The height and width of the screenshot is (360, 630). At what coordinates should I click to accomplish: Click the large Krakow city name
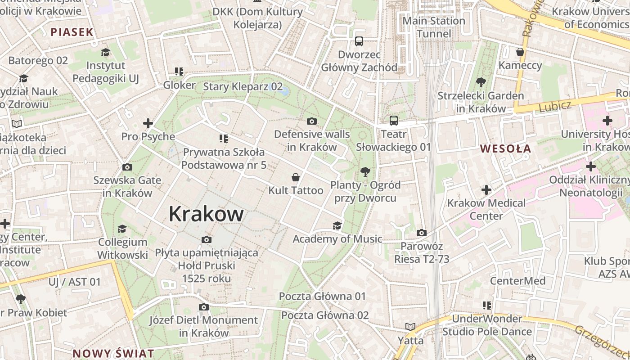tap(206, 214)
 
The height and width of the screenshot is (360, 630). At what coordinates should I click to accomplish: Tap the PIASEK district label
tap(72, 32)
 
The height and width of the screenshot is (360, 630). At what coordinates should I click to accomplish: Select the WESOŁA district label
tap(505, 148)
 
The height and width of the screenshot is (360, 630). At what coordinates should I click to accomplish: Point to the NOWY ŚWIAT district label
tap(113, 353)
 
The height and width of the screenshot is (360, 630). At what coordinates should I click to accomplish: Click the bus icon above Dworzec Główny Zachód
tap(359, 41)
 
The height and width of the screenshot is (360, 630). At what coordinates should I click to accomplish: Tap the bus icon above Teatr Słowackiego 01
tap(394, 121)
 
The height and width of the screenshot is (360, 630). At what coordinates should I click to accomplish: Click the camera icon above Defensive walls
tap(311, 121)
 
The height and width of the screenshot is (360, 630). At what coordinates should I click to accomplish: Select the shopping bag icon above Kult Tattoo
tap(296, 177)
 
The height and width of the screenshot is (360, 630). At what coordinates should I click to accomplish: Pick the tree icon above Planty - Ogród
tap(365, 171)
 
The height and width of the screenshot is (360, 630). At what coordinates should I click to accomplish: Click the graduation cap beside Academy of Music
tap(337, 225)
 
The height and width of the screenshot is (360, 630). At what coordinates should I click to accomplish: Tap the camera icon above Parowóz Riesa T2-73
tap(422, 233)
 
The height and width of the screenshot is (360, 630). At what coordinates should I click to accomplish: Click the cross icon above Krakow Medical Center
tap(486, 190)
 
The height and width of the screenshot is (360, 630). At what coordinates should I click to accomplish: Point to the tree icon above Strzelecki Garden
tap(481, 82)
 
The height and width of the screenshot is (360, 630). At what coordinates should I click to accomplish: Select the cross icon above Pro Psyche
tap(148, 123)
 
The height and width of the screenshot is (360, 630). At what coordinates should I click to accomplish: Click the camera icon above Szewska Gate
tap(127, 167)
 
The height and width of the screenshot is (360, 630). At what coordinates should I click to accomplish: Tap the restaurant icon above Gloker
tap(179, 72)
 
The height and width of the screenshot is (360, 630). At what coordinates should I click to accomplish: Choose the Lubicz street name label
tap(555, 106)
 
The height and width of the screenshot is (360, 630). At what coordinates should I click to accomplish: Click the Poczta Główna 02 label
tap(325, 315)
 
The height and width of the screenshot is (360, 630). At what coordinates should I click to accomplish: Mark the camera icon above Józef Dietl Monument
tap(204, 307)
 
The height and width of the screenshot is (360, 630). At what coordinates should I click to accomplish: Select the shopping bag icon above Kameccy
tap(520, 52)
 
